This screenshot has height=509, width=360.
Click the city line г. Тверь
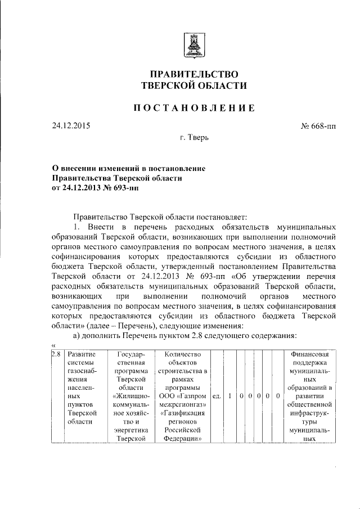(x=193, y=138)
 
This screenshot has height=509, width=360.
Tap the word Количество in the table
(x=182, y=354)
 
